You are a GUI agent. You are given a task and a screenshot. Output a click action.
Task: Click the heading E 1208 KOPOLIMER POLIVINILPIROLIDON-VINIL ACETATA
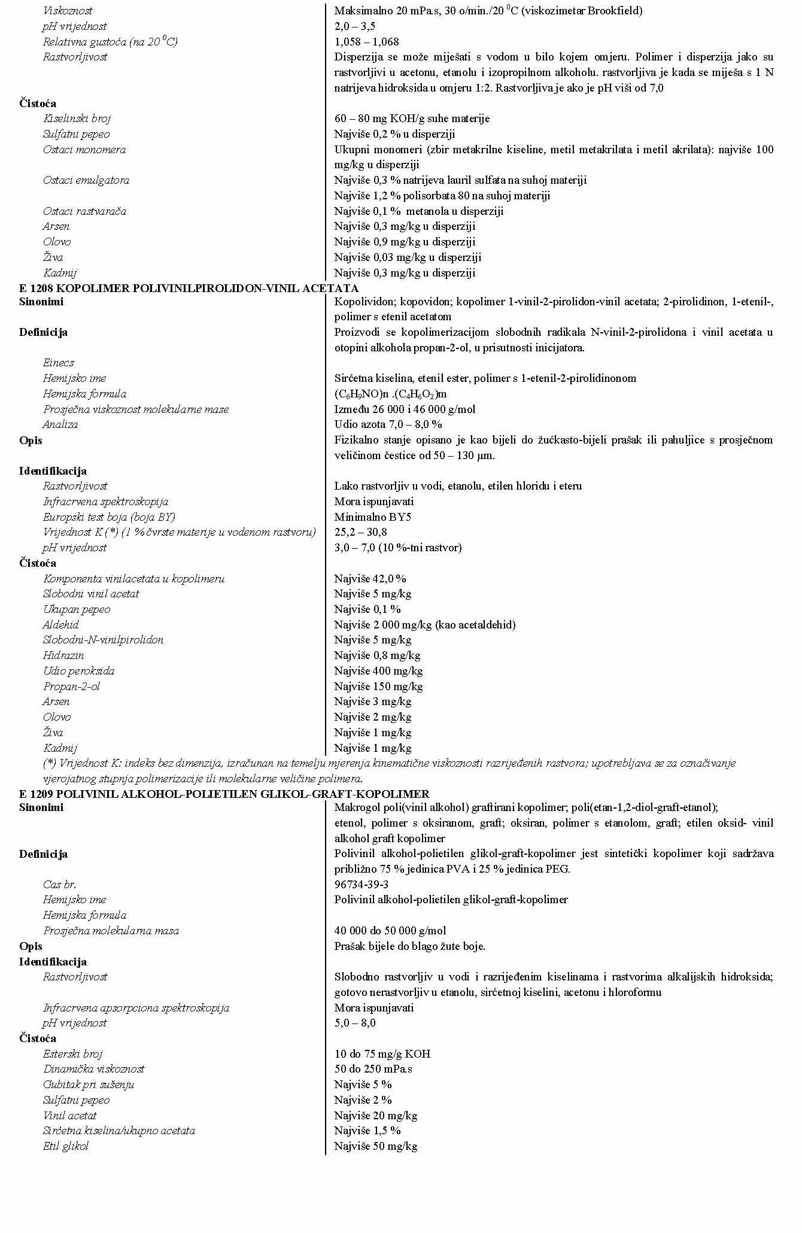pos(189,288)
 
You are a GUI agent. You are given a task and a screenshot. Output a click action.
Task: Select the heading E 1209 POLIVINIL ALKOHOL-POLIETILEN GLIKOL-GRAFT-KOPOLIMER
pos(224,794)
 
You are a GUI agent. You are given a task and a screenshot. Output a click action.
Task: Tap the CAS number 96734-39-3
pos(361,885)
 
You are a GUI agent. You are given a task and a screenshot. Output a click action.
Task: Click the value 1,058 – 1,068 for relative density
pos(366,42)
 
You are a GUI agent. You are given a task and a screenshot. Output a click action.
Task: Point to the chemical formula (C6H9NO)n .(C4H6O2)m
pos(390,394)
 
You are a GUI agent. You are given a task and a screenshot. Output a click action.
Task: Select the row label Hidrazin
pos(63,655)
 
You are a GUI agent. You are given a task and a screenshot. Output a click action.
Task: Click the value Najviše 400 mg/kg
pos(378,671)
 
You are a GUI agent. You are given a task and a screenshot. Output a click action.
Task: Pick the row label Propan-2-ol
pos(71,687)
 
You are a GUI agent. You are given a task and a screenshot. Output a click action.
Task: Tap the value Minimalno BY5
pos(372,517)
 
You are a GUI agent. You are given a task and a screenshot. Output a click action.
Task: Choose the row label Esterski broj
pos(72,1054)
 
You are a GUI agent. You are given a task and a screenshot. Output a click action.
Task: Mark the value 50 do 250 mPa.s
pos(373,1069)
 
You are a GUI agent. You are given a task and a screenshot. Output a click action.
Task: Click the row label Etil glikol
pos(65,1146)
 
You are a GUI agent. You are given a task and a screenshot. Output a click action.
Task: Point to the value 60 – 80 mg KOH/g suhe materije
pos(412,119)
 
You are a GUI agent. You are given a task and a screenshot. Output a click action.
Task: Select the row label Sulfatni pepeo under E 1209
pos(76,1100)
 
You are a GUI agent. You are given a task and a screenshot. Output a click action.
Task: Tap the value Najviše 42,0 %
pos(370,579)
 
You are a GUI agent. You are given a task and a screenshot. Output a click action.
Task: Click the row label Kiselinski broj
pos(77,119)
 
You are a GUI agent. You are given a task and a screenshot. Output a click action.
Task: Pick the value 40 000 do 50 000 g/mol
pos(390,931)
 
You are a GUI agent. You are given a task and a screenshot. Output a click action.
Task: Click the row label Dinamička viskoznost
pos(93,1069)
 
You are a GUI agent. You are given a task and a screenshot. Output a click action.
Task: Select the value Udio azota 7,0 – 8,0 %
pos(388,424)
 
